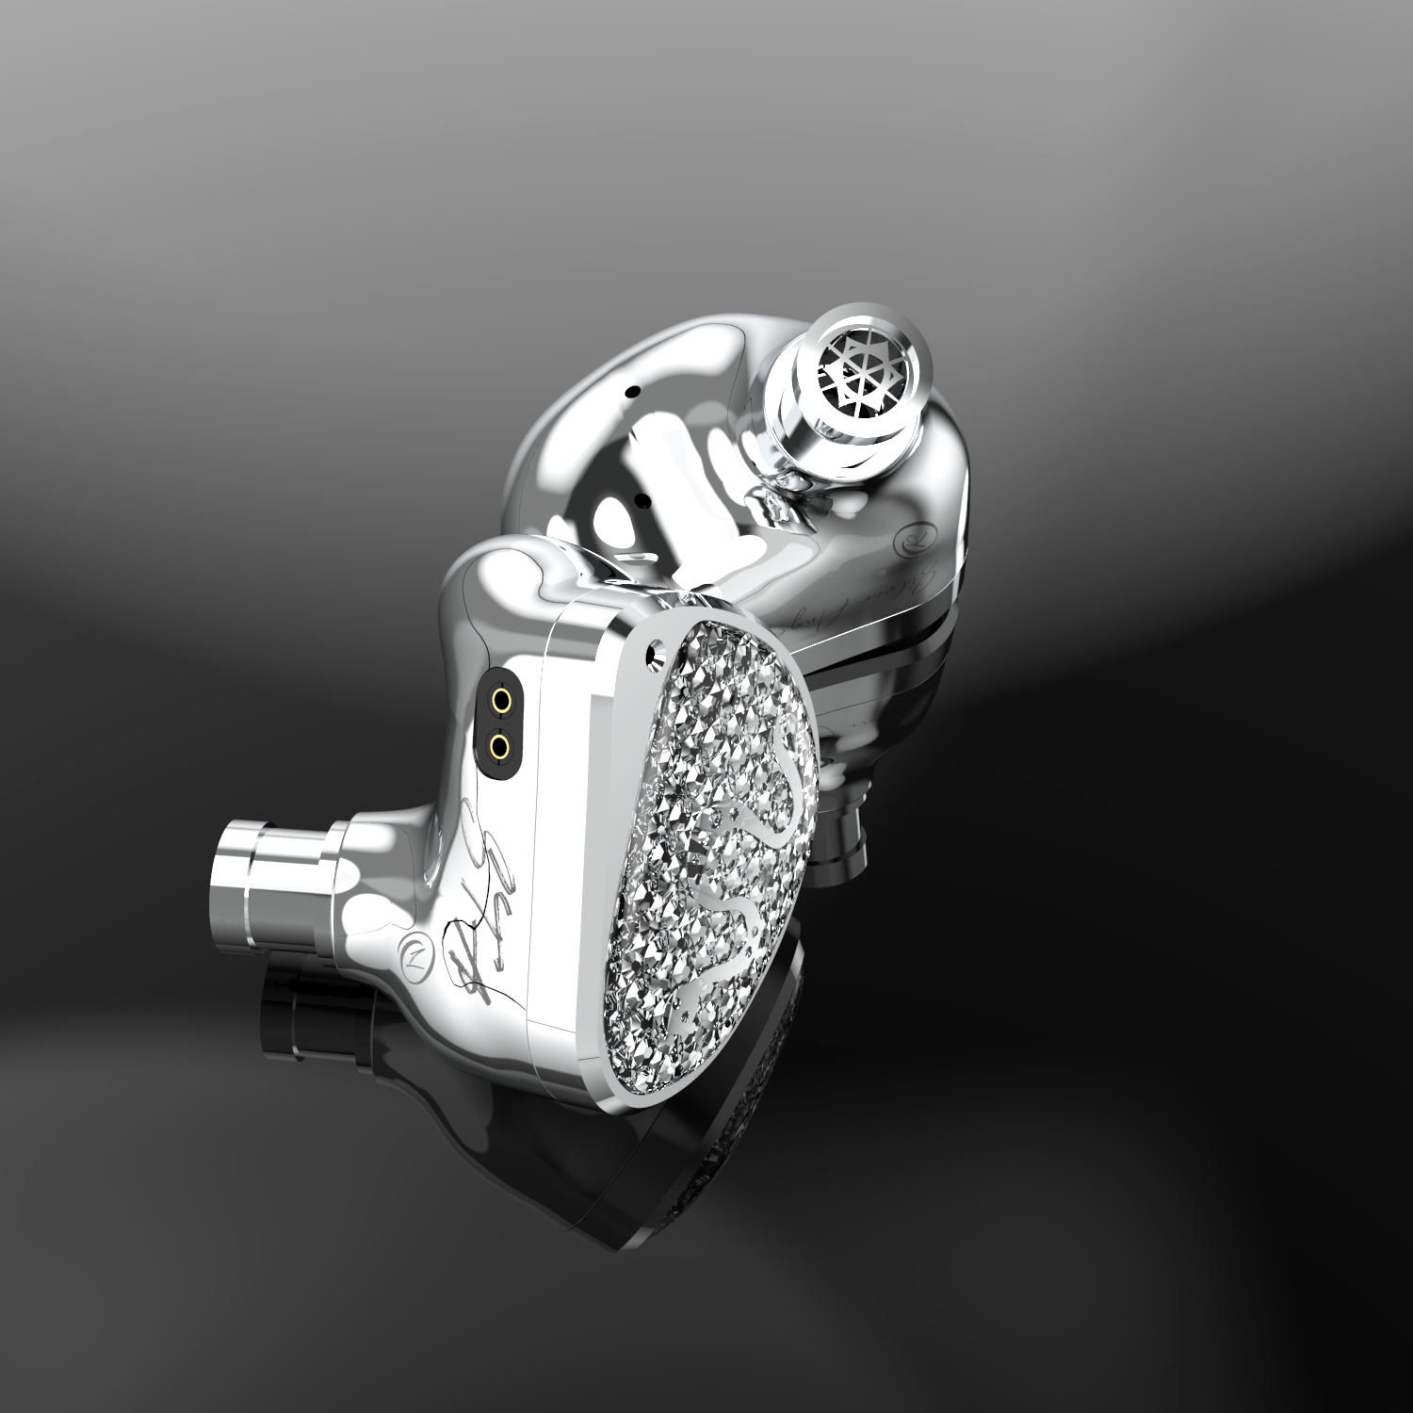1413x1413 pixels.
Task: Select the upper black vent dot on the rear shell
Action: tap(633, 389)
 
